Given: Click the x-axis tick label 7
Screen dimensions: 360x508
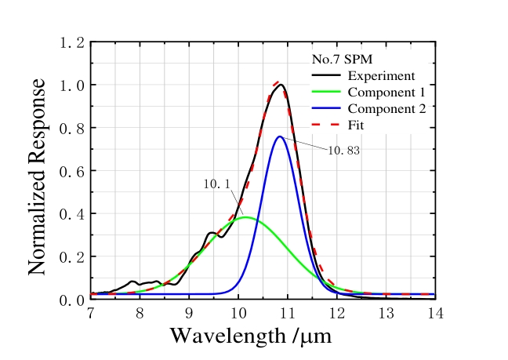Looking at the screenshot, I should pyautogui.click(x=91, y=313).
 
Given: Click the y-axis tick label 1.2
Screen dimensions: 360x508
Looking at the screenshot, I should pyautogui.click(x=71, y=42).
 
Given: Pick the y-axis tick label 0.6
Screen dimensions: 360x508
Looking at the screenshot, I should pyautogui.click(x=71, y=171).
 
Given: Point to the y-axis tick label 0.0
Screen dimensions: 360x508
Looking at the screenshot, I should pyautogui.click(x=71, y=300).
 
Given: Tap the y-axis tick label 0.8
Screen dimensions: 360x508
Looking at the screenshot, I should pyautogui.click(x=71, y=128).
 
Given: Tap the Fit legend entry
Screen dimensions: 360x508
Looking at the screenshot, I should pyautogui.click(x=357, y=125).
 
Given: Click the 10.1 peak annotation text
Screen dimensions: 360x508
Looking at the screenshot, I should pyautogui.click(x=216, y=184).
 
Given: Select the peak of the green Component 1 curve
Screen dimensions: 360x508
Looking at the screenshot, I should pyautogui.click(x=245, y=217).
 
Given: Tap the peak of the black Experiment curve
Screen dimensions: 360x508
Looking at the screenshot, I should pyautogui.click(x=281, y=85).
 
